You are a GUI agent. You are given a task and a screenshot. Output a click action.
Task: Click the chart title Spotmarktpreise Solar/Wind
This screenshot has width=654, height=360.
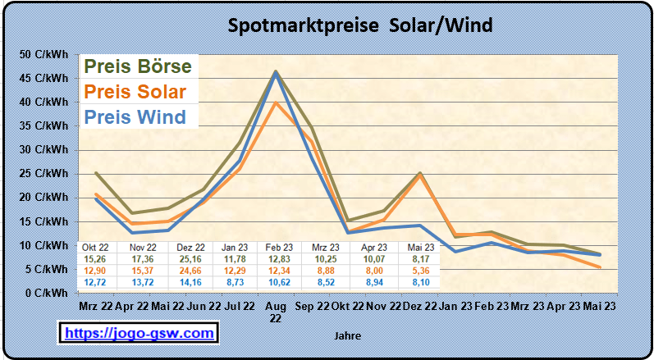360,25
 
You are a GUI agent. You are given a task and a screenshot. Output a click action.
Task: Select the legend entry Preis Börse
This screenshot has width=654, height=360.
138,66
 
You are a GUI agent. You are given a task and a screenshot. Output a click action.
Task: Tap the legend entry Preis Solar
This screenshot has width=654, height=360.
135,91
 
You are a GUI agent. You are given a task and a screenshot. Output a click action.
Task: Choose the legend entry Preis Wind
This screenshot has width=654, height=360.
135,116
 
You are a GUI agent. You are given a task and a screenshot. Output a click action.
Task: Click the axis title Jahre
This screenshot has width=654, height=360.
348,335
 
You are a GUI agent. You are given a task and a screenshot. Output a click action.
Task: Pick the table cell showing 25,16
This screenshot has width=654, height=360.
190,258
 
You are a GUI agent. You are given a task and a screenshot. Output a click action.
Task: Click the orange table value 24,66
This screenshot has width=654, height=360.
190,270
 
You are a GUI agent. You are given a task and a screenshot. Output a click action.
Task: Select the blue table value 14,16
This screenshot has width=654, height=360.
190,281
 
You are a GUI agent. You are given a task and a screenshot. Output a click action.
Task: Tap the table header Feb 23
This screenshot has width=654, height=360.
281,247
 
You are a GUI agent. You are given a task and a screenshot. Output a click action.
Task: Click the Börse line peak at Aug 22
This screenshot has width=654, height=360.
276,71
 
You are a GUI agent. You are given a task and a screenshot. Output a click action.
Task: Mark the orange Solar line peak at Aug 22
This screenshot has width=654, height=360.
276,103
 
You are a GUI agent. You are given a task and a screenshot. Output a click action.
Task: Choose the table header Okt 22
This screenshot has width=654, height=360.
95,247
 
